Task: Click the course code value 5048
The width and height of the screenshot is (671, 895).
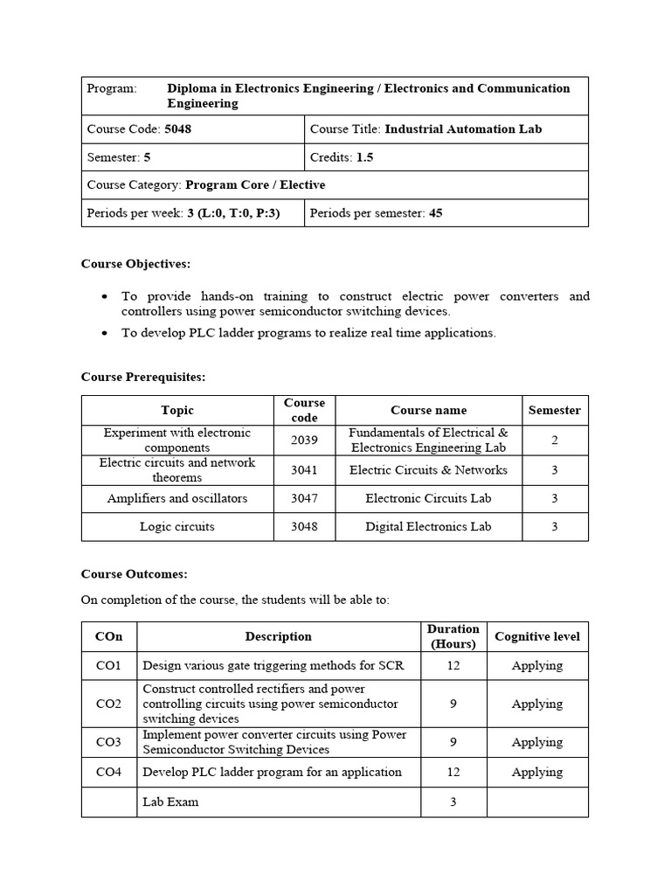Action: pyautogui.click(x=177, y=128)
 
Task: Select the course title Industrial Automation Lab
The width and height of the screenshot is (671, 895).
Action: pyautogui.click(x=463, y=128)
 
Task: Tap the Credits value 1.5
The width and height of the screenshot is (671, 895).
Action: pyautogui.click(x=364, y=157)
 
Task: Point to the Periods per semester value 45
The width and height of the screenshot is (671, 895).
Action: pyautogui.click(x=435, y=212)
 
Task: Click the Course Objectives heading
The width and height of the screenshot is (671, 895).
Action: pyautogui.click(x=135, y=263)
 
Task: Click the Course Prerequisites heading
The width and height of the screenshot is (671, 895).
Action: pyautogui.click(x=143, y=377)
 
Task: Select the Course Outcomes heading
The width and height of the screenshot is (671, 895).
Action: pyautogui.click(x=135, y=574)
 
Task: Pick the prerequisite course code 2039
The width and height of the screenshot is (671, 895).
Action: pyautogui.click(x=304, y=440)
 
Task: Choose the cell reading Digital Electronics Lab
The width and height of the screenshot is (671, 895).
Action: pyautogui.click(x=428, y=526)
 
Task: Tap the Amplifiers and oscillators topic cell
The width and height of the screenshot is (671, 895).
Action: pyautogui.click(x=177, y=498)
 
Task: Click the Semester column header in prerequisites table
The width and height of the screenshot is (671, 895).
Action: pyautogui.click(x=554, y=410)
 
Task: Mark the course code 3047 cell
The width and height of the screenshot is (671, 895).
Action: pyautogui.click(x=304, y=498)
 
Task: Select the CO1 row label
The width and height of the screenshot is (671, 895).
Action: pyautogui.click(x=109, y=665)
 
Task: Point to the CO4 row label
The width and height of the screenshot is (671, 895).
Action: pyautogui.click(x=109, y=772)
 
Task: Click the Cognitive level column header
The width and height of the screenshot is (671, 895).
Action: pyautogui.click(x=536, y=636)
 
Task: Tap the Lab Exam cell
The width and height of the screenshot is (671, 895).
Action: pyautogui.click(x=170, y=801)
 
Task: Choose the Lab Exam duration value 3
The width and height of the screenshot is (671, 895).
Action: pyautogui.click(x=453, y=801)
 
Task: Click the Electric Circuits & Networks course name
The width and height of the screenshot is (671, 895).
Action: pyautogui.click(x=428, y=469)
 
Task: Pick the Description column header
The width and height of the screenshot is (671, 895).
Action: pyautogui.click(x=278, y=636)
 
